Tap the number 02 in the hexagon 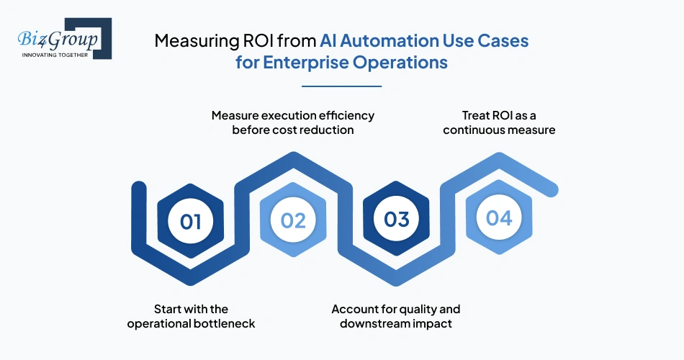293,220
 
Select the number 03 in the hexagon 396,219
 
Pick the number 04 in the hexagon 499,218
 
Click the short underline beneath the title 341,86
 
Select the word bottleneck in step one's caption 222,323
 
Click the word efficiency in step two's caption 342,115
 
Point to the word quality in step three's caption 413,309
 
